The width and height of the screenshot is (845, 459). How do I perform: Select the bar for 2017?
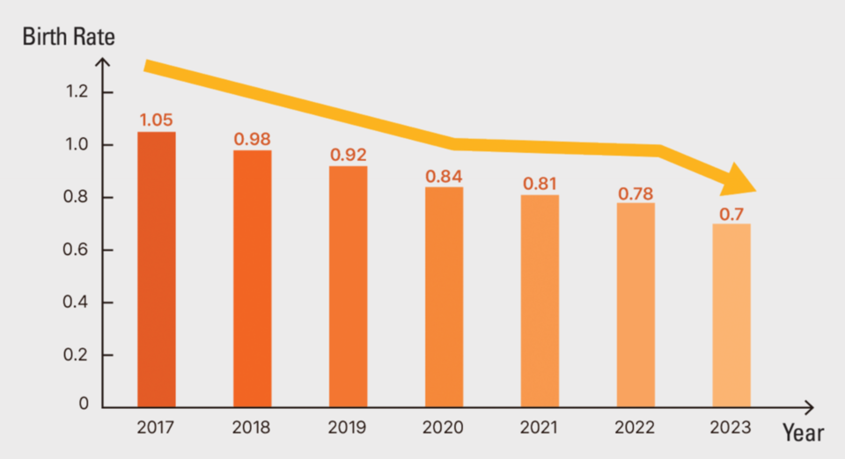[x=156, y=269]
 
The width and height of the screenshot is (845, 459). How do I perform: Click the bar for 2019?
[x=348, y=287]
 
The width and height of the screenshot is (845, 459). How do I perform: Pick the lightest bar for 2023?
[x=731, y=316]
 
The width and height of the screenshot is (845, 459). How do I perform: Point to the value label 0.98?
[x=252, y=139]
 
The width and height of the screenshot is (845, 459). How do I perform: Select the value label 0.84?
[x=444, y=176]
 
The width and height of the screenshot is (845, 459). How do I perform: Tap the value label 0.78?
[x=636, y=191]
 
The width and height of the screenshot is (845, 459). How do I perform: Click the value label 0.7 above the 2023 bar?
[x=731, y=212]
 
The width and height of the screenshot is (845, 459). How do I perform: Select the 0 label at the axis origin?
[x=84, y=404]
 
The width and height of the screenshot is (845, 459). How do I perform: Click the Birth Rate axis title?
[x=69, y=38]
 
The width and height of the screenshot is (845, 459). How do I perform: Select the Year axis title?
[x=803, y=433]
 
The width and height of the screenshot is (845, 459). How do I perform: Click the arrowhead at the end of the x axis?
[x=809, y=407]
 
